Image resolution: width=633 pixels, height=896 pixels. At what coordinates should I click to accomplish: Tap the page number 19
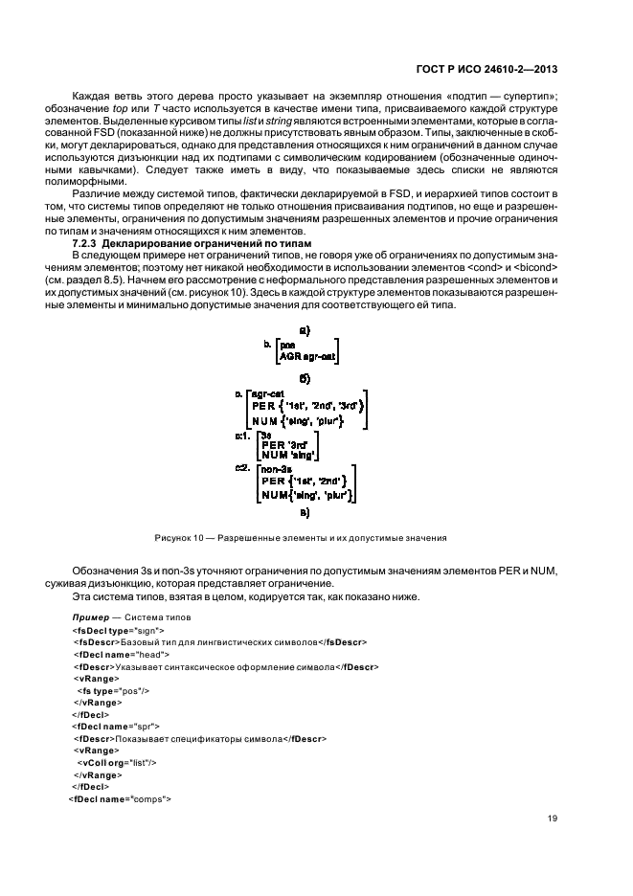[x=552, y=818]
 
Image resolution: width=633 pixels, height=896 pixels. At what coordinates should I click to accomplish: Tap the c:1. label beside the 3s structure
[x=242, y=436]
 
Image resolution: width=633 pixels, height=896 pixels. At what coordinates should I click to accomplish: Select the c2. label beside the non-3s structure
[x=242, y=469]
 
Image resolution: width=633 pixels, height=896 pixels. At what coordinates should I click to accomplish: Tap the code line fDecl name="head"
[x=117, y=654]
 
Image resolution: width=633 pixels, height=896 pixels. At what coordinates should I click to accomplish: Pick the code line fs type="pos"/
[x=113, y=689]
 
